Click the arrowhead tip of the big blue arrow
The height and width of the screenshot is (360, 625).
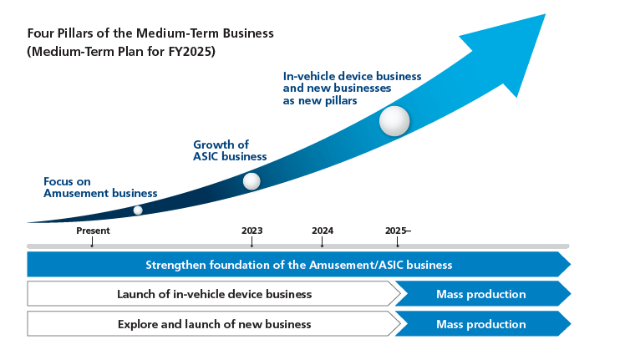(544, 16)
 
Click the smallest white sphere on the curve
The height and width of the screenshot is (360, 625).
(138, 210)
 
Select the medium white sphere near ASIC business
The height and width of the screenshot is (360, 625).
(251, 181)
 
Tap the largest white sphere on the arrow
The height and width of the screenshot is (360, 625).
(394, 121)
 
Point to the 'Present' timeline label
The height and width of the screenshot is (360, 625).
(93, 231)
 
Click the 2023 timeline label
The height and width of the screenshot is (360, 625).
(252, 231)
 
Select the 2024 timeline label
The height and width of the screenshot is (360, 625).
(323, 231)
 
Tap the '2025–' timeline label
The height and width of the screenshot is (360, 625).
(398, 231)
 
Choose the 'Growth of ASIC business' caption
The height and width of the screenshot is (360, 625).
(230, 150)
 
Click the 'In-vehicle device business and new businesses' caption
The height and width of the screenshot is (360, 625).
(352, 88)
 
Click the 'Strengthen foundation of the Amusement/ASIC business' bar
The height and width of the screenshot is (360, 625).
(298, 265)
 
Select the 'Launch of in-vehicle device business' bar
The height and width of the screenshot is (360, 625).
(214, 294)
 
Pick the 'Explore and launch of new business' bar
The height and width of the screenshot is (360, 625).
(214, 324)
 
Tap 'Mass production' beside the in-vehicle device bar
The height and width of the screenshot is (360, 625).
(480, 294)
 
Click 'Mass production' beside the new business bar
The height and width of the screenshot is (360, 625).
(480, 324)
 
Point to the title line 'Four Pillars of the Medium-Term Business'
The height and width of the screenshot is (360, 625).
(150, 33)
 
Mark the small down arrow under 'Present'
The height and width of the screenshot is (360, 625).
(92, 243)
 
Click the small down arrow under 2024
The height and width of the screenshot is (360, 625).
(323, 243)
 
